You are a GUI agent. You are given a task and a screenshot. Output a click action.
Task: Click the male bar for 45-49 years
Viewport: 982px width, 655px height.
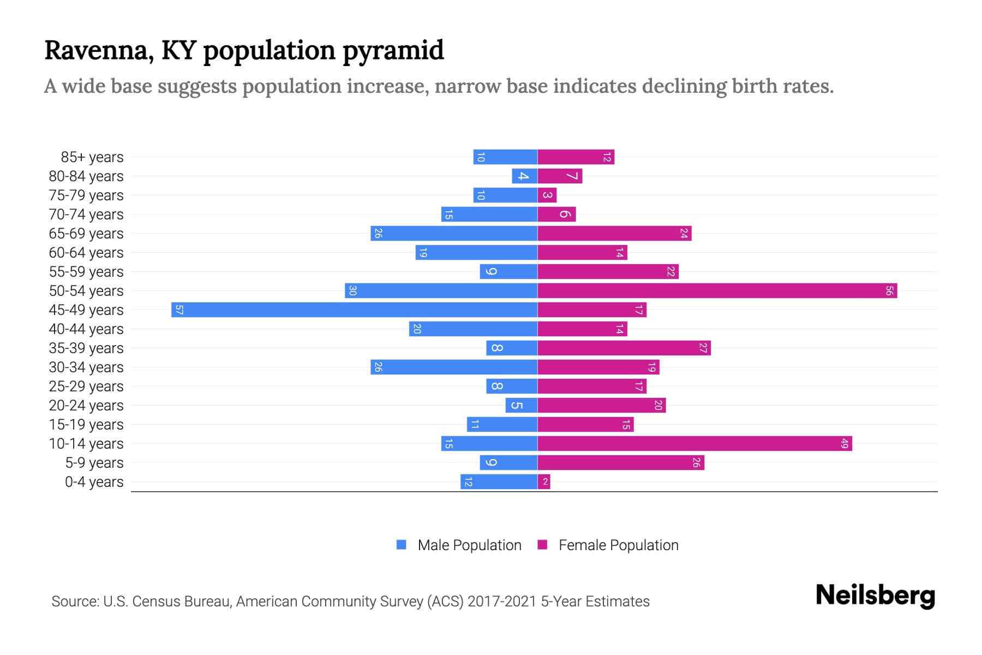click(355, 309)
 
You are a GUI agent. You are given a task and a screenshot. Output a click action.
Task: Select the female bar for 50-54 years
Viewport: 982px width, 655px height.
click(717, 290)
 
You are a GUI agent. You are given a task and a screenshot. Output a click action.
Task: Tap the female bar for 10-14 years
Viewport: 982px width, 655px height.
click(694, 443)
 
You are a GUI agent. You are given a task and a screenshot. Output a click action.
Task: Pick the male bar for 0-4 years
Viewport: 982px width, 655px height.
click(499, 481)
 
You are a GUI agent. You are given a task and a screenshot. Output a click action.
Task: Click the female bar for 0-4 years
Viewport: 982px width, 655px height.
click(544, 481)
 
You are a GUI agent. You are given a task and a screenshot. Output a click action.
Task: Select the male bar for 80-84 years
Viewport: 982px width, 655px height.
click(525, 176)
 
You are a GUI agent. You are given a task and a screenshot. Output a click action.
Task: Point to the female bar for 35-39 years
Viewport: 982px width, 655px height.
click(624, 348)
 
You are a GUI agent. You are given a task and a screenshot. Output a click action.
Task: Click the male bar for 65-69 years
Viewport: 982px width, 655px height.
click(454, 233)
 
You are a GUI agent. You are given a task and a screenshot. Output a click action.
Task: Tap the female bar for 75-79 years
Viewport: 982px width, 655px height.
click(547, 195)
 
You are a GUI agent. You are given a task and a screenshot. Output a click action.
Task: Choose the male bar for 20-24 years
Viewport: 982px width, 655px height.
click(522, 405)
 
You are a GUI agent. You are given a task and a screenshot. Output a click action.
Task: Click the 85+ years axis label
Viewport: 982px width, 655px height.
click(92, 157)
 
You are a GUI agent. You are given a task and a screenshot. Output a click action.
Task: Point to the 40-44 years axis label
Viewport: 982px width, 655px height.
click(86, 329)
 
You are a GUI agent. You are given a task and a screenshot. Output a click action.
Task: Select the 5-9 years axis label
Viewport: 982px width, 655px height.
click(94, 463)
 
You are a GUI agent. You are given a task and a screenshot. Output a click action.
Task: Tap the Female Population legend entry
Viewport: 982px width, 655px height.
click(608, 545)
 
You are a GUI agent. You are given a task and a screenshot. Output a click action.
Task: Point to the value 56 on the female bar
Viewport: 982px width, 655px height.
click(889, 290)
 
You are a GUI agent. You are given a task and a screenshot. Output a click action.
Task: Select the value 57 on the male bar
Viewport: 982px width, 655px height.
click(179, 309)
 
